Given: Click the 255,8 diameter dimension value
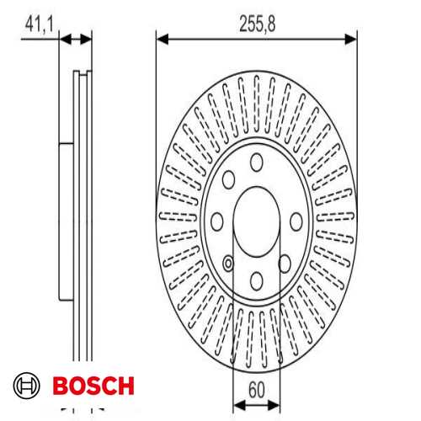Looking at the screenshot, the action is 258,24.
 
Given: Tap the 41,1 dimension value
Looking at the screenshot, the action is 39,24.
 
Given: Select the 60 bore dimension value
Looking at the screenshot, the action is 257,390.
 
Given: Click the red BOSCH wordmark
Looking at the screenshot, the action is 93,386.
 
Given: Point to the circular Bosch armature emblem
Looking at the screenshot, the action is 26,386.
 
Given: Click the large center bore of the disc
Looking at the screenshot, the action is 257,221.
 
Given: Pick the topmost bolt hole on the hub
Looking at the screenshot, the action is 257,163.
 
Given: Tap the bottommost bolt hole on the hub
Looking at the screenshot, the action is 257,281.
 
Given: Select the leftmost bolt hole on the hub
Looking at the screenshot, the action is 217,221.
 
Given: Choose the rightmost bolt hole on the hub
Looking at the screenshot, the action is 296,221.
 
